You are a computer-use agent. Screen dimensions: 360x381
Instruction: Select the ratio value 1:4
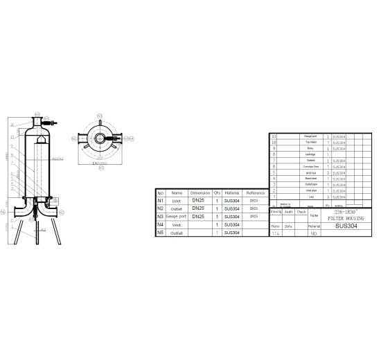pos(276,234)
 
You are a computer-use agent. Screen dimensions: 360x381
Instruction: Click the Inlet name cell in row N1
pos(177,200)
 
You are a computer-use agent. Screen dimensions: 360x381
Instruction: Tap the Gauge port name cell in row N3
pos(177,217)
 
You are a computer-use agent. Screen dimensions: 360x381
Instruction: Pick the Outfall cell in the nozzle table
pos(177,233)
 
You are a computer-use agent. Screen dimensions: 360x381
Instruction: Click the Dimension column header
pos(200,192)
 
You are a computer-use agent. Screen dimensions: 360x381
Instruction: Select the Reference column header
pos(254,192)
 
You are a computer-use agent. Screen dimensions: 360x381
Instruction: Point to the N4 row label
pos(160,225)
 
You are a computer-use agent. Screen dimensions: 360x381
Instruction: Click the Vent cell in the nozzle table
pos(177,225)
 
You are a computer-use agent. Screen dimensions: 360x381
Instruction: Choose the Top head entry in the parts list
pos(310,143)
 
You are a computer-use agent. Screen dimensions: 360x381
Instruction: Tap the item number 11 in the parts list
pos(275,136)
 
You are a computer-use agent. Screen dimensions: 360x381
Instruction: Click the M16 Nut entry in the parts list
pos(310,173)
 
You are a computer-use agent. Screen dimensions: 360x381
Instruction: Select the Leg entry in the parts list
pos(310,197)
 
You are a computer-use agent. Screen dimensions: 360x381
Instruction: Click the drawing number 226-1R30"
pos(344,210)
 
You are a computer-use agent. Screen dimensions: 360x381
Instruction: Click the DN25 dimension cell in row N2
pos(198,208)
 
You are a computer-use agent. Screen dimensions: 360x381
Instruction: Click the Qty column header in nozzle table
pos(217,192)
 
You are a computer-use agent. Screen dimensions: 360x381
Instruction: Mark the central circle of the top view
pos(101,138)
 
